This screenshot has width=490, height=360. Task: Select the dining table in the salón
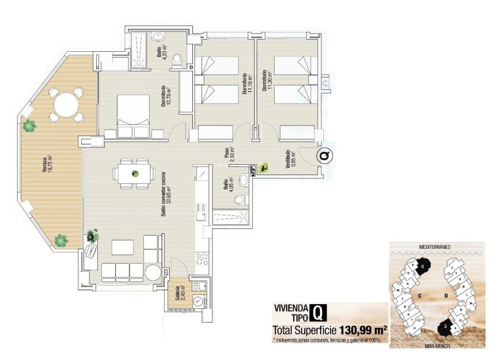(x=134, y=173)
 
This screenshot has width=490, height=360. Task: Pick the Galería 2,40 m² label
(x=179, y=293)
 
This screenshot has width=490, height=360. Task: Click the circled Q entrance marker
(x=324, y=155)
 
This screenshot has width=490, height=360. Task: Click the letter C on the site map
(x=421, y=296)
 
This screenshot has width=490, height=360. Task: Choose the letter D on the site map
(x=446, y=296)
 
